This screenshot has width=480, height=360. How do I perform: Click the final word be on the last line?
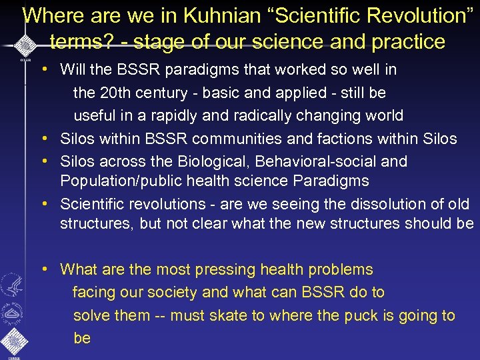pyautogui.click(x=82, y=338)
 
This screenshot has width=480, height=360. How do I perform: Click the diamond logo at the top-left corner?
pyautogui.click(x=24, y=45)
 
